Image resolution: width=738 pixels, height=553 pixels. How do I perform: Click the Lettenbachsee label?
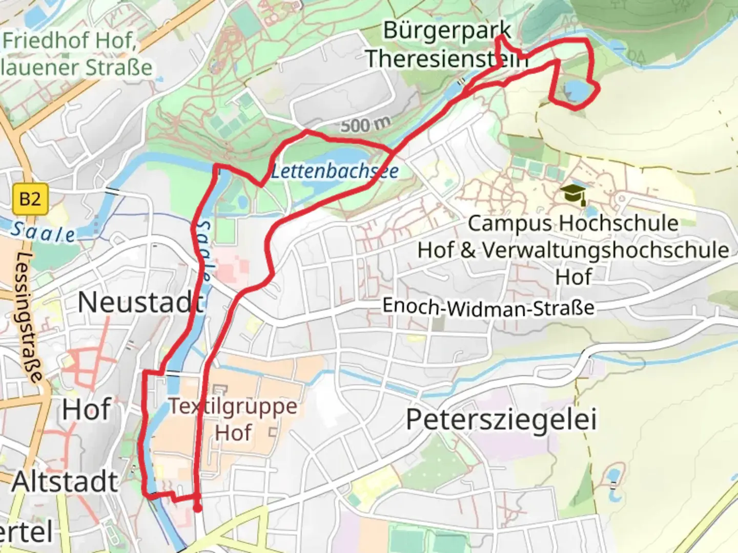pos(334,171)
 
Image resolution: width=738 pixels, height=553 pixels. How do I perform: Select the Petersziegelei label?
pos(501,420)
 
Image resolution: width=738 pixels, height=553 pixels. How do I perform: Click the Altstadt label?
pos(65,482)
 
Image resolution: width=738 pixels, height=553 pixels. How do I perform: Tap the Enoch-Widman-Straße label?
pos(488,307)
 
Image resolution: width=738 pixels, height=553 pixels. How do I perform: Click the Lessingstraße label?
pos(30,317)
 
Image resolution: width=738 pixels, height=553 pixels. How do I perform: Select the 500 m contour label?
pos(365,124)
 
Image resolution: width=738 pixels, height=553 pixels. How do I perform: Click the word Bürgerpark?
pos(447,31)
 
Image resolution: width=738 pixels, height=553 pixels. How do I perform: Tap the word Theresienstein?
pos(446,58)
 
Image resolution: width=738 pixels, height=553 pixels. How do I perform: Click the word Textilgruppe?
pos(233,406)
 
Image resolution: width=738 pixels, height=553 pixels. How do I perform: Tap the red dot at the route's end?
pos(197,508)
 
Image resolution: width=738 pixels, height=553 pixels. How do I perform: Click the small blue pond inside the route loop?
pos(577,91)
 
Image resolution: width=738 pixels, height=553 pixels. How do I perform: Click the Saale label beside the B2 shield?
pos(42,232)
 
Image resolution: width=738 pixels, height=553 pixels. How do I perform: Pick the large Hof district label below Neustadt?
pos(86,410)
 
